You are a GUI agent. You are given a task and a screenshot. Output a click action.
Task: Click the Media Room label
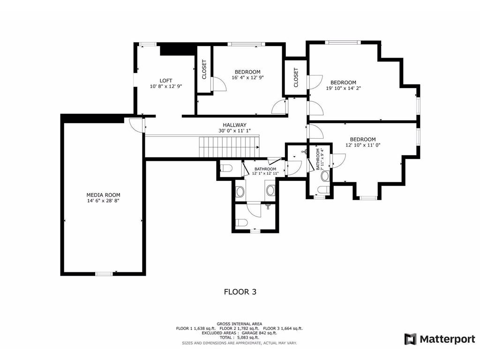click(x=103, y=195)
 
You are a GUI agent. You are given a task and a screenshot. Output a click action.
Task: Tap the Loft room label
click(x=166, y=81)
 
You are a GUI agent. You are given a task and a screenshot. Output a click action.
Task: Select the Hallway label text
click(x=234, y=125)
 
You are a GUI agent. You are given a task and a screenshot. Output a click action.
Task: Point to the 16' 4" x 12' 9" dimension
click(x=247, y=78)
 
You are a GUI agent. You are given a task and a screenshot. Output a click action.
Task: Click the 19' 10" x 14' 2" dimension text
click(x=344, y=88)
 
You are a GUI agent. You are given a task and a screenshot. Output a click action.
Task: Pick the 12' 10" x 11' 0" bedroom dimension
click(x=363, y=145)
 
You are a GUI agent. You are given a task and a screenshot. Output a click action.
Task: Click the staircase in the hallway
click(x=229, y=147)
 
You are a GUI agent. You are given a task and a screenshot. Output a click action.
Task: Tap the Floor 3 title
click(x=240, y=292)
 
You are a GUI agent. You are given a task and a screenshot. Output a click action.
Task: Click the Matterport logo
click(x=440, y=339)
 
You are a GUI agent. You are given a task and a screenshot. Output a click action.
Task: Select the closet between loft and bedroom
click(x=204, y=69)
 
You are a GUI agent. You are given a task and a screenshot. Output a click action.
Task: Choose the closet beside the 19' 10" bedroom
click(x=296, y=77)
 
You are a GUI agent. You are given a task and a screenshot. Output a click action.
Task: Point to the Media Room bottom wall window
click(x=104, y=274)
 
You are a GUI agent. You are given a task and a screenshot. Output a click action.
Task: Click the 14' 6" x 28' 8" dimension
click(x=103, y=201)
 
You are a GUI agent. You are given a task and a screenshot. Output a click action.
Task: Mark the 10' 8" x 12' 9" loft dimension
click(x=166, y=86)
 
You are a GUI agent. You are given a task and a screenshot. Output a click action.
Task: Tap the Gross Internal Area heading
click(x=240, y=324)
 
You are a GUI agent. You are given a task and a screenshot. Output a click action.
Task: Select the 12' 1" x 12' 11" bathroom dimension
click(x=265, y=173)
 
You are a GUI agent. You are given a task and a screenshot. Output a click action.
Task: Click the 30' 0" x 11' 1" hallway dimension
click(x=234, y=131)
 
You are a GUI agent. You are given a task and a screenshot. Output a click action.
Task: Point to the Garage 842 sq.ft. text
click(x=260, y=333)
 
